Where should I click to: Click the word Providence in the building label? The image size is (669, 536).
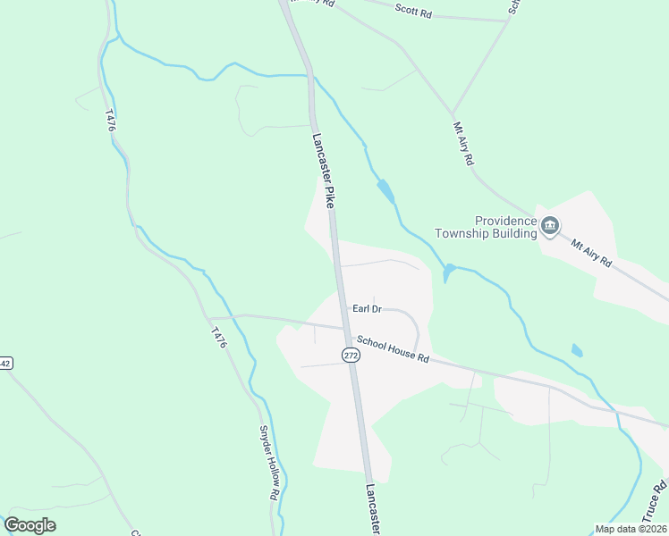(x=505, y=221)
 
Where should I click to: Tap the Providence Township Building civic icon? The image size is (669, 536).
(x=550, y=227)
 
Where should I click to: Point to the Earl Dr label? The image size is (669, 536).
(x=367, y=308)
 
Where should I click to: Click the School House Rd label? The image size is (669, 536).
(x=393, y=349)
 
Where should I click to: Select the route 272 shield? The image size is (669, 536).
(x=351, y=356)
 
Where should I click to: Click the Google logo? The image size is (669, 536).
(x=30, y=525)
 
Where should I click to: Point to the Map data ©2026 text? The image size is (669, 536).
(x=631, y=529)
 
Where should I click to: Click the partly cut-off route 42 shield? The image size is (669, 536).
(x=4, y=364)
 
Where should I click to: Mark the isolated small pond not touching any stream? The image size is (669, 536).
(x=577, y=351)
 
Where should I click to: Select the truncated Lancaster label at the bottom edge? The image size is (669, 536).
(x=373, y=510)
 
